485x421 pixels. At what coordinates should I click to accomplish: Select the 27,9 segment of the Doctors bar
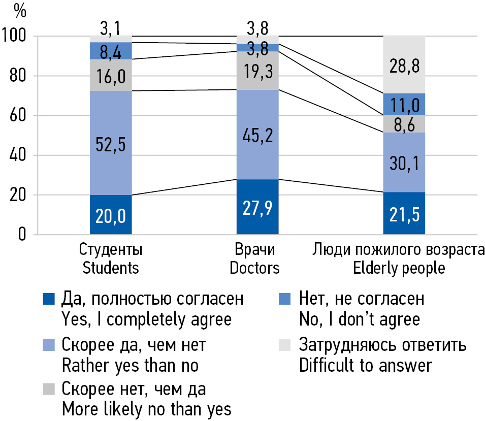(x=257, y=207)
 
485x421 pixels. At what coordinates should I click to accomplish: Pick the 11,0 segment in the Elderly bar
(x=404, y=105)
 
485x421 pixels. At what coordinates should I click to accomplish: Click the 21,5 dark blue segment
(x=404, y=213)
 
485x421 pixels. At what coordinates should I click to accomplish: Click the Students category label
(x=111, y=258)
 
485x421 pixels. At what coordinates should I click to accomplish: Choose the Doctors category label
(x=254, y=258)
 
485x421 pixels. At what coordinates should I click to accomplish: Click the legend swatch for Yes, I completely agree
(x=49, y=299)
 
